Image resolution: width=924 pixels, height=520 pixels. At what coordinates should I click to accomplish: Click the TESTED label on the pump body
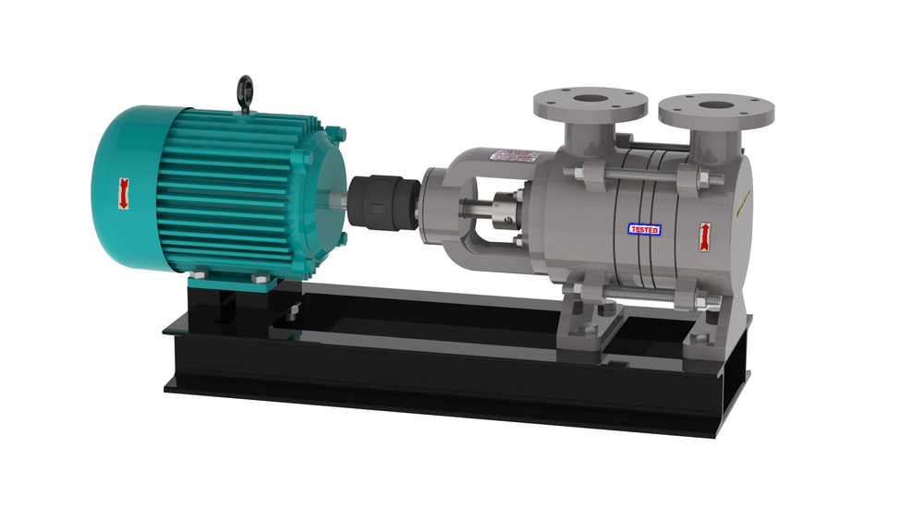click(644, 228)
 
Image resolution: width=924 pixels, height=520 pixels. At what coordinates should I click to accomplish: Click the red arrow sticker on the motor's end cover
click(121, 193)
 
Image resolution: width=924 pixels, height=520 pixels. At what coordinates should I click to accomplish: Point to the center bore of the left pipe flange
click(589, 97)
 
